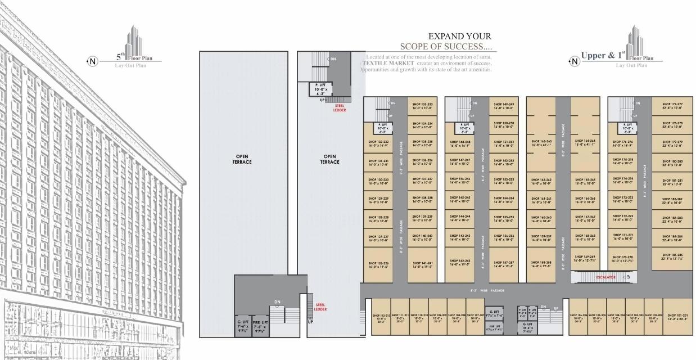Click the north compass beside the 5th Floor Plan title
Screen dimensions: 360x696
point(93,61)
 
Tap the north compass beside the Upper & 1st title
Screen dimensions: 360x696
point(574,61)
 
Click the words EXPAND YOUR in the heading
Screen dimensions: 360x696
point(459,37)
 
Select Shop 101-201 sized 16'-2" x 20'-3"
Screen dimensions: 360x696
point(677,317)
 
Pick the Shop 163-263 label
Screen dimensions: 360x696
point(541,143)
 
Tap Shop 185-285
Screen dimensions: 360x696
point(672,257)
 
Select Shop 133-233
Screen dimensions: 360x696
point(422,106)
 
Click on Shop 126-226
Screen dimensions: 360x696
point(378,264)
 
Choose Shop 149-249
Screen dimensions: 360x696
point(504,106)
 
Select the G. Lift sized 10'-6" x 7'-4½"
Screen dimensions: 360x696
point(527,327)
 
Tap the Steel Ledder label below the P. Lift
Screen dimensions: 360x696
point(340,108)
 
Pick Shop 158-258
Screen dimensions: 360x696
point(541,264)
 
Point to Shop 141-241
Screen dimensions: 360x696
point(422,264)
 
